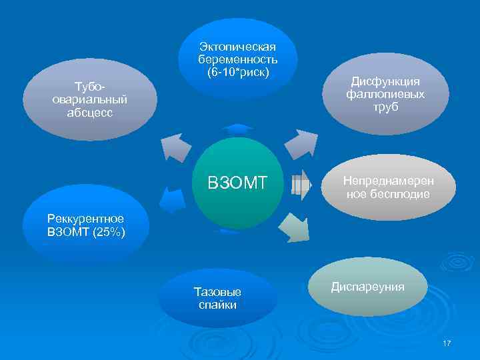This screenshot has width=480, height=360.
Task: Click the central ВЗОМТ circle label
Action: pyautogui.click(x=237, y=182)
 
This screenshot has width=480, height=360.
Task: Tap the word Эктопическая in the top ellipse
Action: pyautogui.click(x=237, y=46)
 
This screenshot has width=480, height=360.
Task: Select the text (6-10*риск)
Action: pyautogui.click(x=237, y=71)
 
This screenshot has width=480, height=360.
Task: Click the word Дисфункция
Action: pyautogui.click(x=385, y=81)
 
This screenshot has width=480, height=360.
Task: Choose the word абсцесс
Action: pyautogui.click(x=90, y=112)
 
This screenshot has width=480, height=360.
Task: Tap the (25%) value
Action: pyautogui.click(x=105, y=232)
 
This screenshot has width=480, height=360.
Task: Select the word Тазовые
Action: pyautogui.click(x=217, y=292)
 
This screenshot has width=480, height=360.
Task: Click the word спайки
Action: pyautogui.click(x=217, y=305)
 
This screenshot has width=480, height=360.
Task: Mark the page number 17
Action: pyautogui.click(x=446, y=343)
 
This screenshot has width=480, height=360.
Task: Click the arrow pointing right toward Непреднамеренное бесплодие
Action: pyautogui.click(x=301, y=182)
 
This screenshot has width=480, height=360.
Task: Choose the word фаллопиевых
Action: pyautogui.click(x=385, y=94)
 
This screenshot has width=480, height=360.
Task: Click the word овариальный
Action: pyautogui.click(x=90, y=99)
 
